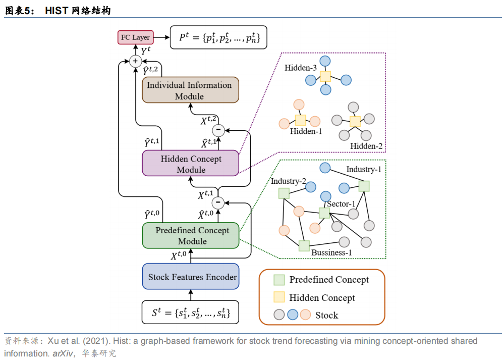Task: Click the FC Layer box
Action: coord(135,37)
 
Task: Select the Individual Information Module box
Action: coord(190,90)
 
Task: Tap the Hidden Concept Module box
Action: coord(190,163)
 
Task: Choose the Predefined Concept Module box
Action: coord(191,235)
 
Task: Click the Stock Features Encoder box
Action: coord(191,276)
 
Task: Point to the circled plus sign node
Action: coord(135,61)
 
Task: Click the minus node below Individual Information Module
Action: coord(218,130)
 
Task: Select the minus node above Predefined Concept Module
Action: coord(218,202)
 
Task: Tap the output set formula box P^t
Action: coord(218,37)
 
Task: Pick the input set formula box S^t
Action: coord(190,312)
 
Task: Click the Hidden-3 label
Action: coord(301,68)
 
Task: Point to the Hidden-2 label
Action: coord(366,146)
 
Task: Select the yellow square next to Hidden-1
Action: coord(300,120)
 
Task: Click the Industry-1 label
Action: coord(364,169)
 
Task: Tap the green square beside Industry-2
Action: coord(284,193)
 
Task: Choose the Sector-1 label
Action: coord(341,204)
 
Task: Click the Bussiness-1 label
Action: coord(331,252)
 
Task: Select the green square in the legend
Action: coord(279,280)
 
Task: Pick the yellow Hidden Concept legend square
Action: coord(279,297)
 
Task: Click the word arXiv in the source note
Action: coord(63,353)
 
